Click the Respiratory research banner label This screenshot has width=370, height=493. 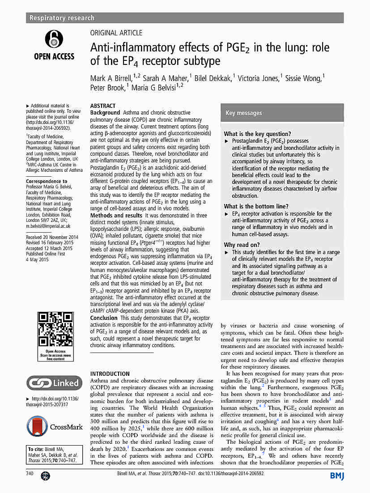62,18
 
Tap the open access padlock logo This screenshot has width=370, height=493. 54,39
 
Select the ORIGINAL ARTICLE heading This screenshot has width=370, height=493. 116,33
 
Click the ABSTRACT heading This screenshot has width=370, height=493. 103,106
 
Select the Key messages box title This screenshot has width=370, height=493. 243,113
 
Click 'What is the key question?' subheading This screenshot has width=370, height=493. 257,134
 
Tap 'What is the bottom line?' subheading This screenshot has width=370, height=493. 256,206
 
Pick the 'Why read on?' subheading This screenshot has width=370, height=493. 242,245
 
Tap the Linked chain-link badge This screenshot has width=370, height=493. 54,383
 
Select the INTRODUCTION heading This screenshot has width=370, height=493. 110,374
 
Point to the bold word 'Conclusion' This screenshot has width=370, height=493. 104,318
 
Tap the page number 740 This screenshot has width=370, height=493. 30,473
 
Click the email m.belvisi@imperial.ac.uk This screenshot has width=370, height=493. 48,226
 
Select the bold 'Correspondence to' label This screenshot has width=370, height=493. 47,182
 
